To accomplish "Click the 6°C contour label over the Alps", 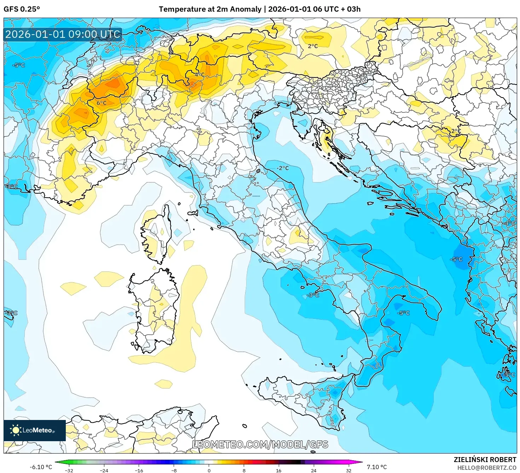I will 102,103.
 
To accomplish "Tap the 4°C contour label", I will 200,74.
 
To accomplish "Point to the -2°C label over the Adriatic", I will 283,168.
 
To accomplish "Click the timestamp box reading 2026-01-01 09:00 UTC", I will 63,34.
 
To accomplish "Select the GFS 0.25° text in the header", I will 22,9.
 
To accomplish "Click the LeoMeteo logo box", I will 35,430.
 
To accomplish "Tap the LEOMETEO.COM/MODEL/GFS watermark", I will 260,444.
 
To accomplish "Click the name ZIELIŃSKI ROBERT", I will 485,460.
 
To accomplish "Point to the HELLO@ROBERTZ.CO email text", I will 487,468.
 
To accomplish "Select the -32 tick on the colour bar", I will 69,470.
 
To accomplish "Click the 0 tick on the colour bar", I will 209,470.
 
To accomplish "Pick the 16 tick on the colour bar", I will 279,470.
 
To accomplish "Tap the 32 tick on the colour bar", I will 349,470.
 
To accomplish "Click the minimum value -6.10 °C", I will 41,467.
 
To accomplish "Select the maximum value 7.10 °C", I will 377,467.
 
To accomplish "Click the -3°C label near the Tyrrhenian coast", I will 313,295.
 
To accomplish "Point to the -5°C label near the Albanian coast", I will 456,259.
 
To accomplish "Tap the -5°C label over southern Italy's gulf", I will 403,313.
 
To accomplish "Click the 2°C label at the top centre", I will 313,46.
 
